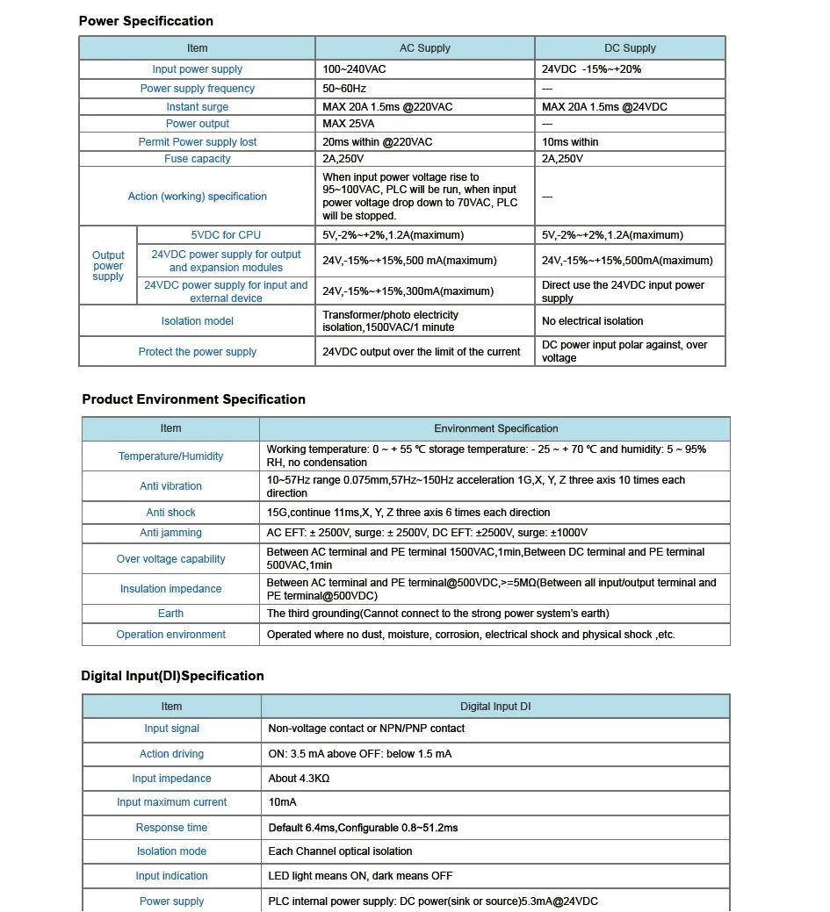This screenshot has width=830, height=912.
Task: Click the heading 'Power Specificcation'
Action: [146, 21]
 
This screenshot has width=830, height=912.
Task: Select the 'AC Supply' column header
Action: [424, 48]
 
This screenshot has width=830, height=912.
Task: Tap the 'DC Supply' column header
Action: [630, 48]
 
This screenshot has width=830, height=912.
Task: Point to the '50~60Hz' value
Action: [344, 89]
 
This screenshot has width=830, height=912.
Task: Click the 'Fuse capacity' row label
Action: [198, 159]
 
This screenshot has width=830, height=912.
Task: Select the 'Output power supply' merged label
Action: [108, 266]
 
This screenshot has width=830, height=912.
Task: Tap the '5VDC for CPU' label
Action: [226, 235]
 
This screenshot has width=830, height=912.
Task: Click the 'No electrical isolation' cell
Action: [592, 321]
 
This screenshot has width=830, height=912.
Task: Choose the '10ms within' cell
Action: [570, 142]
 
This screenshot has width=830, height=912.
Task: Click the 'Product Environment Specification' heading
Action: [193, 399]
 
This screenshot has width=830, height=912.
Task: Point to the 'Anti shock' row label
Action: [170, 513]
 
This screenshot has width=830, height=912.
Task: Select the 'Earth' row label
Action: [170, 614]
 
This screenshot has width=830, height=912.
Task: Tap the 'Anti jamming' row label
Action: [170, 533]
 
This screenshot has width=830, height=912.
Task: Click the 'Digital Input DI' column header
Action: [495, 707]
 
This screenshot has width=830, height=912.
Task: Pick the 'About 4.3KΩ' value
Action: [299, 779]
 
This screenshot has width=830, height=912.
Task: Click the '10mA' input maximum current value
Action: [282, 802]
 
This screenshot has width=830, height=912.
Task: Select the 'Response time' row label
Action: [171, 828]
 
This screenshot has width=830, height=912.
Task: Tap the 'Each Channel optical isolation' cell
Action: [340, 851]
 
